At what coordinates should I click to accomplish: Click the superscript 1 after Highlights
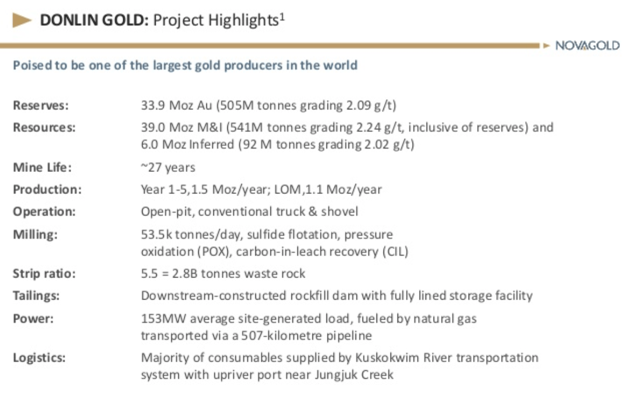tap(281, 16)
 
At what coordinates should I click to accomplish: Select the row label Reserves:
tap(41, 106)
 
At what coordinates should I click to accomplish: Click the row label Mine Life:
tap(42, 167)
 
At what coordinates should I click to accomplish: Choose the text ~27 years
tap(168, 168)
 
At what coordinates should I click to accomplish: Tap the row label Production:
tap(47, 189)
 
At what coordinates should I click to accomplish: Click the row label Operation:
tap(44, 211)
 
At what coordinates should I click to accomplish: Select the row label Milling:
tap(35, 234)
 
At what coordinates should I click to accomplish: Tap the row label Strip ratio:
tap(44, 274)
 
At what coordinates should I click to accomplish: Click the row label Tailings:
tap(38, 295)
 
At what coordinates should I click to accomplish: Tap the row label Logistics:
tap(39, 358)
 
